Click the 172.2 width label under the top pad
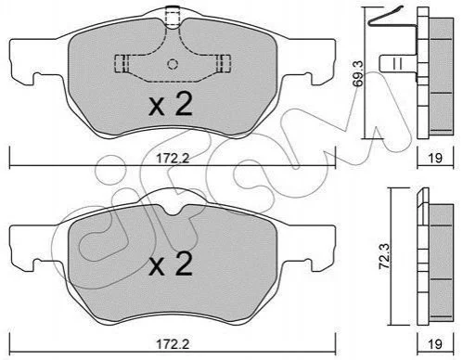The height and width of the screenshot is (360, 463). tap(173, 159)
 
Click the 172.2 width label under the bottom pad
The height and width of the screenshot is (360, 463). tap(173, 344)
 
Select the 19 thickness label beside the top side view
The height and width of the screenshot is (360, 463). tap(435, 158)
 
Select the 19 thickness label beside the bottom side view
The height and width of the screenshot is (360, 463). tap(435, 344)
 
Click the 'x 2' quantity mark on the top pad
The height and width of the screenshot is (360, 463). tap(171, 104)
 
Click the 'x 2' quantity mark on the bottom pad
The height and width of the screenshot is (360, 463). tap(171, 264)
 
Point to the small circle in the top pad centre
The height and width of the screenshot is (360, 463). tap(173, 64)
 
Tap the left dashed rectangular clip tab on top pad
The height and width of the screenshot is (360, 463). tap(122, 64)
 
